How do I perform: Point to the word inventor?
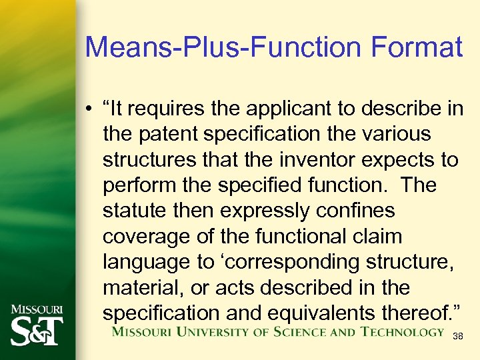pyautogui.click(x=313, y=160)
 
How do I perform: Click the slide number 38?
pyautogui.click(x=457, y=337)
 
